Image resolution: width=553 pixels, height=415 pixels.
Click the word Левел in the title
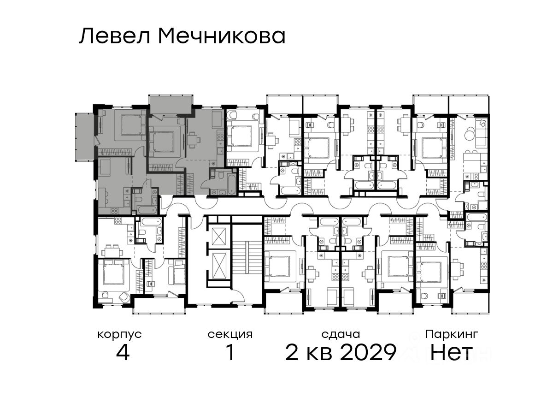click(114, 36)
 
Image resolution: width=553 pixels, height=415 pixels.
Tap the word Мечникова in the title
click(222, 36)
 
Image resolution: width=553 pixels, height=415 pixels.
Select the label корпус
click(120, 335)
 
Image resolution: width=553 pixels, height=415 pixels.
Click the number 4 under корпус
click(123, 353)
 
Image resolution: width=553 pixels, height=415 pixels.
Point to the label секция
click(230, 335)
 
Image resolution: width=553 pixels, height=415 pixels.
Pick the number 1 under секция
click(231, 353)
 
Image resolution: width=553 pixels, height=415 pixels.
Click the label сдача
click(341, 335)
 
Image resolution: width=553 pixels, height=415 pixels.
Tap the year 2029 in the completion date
click(368, 353)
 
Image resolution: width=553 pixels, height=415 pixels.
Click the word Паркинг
click(452, 335)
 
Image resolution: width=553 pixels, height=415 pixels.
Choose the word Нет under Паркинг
click(451, 353)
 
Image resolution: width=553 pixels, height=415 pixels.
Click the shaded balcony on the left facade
click(85, 136)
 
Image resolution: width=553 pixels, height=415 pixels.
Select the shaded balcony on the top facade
click(171, 105)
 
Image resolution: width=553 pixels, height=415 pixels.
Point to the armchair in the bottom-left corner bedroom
click(124, 296)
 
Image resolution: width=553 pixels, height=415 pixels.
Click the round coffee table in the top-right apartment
click(469, 134)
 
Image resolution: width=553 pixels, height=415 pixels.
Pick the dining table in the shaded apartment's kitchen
click(193, 139)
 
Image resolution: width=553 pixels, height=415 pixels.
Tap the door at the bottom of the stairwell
click(238, 294)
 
